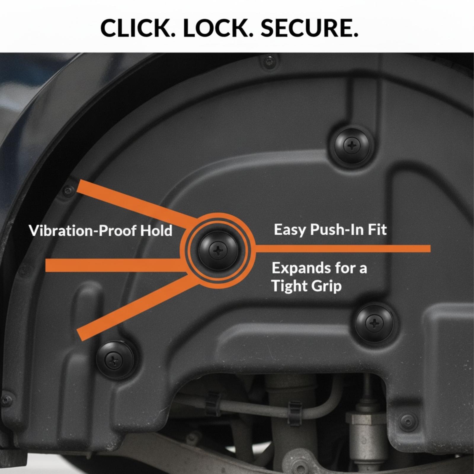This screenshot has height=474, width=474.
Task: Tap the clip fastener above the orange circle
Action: point(352,145)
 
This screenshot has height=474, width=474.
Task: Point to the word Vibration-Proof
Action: point(83,230)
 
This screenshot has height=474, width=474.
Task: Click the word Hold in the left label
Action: point(156,230)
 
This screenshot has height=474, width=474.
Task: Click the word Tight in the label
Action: point(291,286)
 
